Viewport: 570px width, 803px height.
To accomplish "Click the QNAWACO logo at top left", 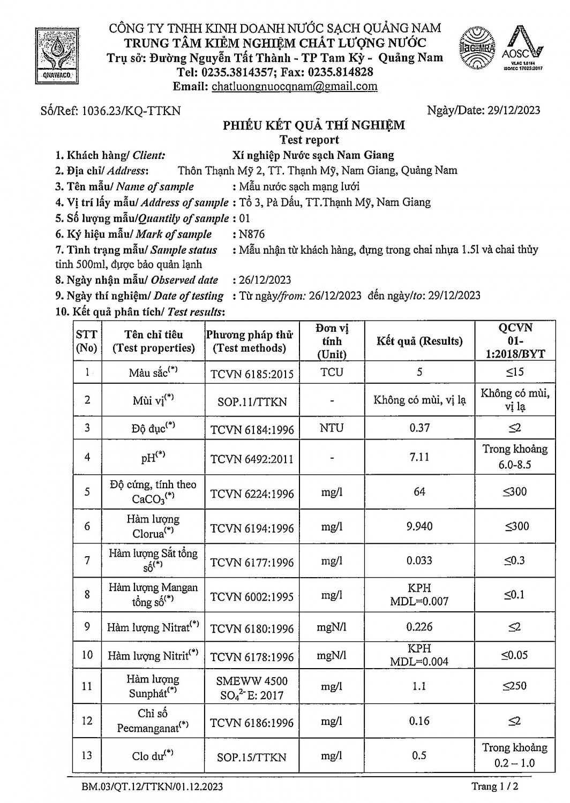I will [x=56, y=54].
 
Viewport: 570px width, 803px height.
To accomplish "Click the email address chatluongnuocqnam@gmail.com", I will [x=294, y=87].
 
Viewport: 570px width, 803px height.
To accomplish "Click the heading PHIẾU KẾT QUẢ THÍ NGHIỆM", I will [x=314, y=125].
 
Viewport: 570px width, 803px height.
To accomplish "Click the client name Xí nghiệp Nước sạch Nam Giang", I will [x=313, y=155].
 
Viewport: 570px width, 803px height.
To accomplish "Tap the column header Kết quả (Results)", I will [x=419, y=341].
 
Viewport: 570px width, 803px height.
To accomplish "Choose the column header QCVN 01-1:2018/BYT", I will [x=514, y=341].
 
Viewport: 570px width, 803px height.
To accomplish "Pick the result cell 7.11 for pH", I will [x=419, y=457].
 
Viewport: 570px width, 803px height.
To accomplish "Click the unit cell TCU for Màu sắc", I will [x=332, y=372].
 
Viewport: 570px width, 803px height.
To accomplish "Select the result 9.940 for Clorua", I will [x=419, y=526].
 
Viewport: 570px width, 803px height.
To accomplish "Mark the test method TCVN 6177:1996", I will [x=252, y=562].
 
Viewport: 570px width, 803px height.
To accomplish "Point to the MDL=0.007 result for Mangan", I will [x=419, y=601].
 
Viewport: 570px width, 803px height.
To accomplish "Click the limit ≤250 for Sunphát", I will [x=514, y=686].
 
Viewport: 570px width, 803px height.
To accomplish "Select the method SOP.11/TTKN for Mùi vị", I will [x=252, y=401].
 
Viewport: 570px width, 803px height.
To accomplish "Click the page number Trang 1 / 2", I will [x=494, y=786].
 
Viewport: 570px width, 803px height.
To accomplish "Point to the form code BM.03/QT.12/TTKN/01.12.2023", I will [x=152, y=787].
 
